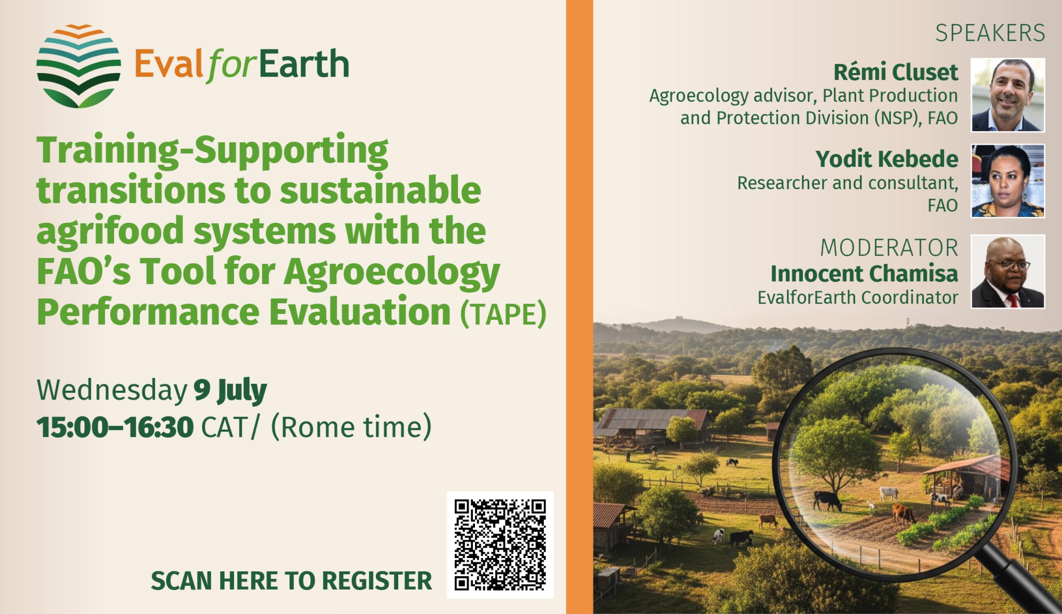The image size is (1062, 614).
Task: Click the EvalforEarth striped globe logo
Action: [79, 66]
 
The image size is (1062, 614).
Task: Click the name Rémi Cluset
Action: [896, 73]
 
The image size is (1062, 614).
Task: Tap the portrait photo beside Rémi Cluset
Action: [1008, 95]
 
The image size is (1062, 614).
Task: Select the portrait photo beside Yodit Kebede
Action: [1008, 181]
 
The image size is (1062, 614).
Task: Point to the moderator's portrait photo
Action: [1008, 271]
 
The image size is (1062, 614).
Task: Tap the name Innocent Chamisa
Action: [865, 274]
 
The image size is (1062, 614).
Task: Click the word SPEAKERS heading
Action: [990, 34]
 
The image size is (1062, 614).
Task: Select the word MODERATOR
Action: [889, 248]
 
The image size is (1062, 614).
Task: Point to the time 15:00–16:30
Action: [115, 428]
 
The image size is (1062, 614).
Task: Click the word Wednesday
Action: [112, 391]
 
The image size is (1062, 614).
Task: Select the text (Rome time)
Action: [351, 428]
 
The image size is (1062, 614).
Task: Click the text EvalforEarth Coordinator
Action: [858, 298]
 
